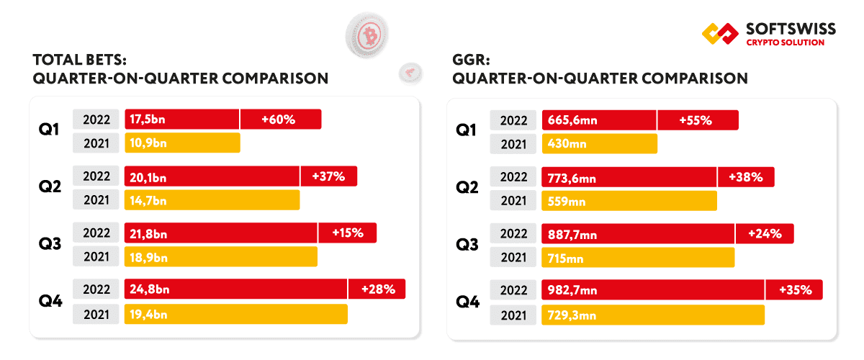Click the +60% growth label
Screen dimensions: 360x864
tap(281, 120)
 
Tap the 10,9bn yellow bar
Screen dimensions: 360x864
tap(182, 143)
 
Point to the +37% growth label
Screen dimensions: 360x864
tap(328, 176)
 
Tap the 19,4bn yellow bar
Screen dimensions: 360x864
tap(235, 314)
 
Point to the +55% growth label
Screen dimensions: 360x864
tap(697, 120)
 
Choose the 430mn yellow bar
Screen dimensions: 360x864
tap(600, 144)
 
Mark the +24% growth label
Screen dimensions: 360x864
tap(765, 233)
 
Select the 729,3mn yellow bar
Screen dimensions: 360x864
tap(653, 315)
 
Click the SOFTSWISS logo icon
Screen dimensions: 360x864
tap(719, 34)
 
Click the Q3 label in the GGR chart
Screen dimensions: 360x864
tap(467, 245)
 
